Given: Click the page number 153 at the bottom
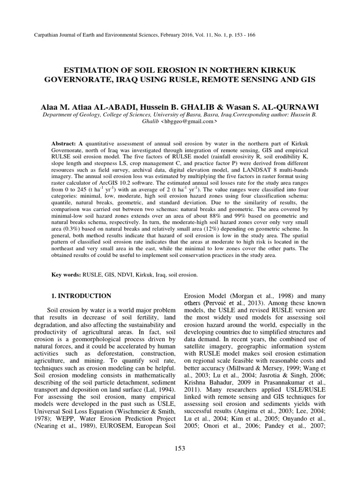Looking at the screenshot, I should click(180, 448).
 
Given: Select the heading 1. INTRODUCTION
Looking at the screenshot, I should click(80, 296).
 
